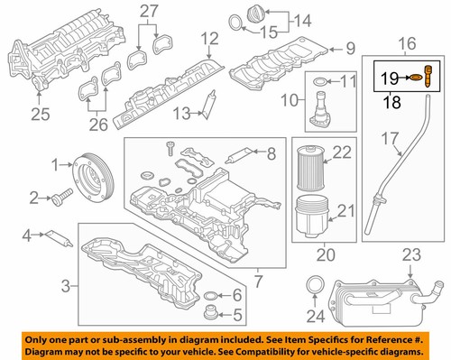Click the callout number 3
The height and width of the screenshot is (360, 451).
pyautogui.click(x=56, y=238)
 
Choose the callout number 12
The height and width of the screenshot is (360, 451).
pyautogui.click(x=209, y=39)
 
